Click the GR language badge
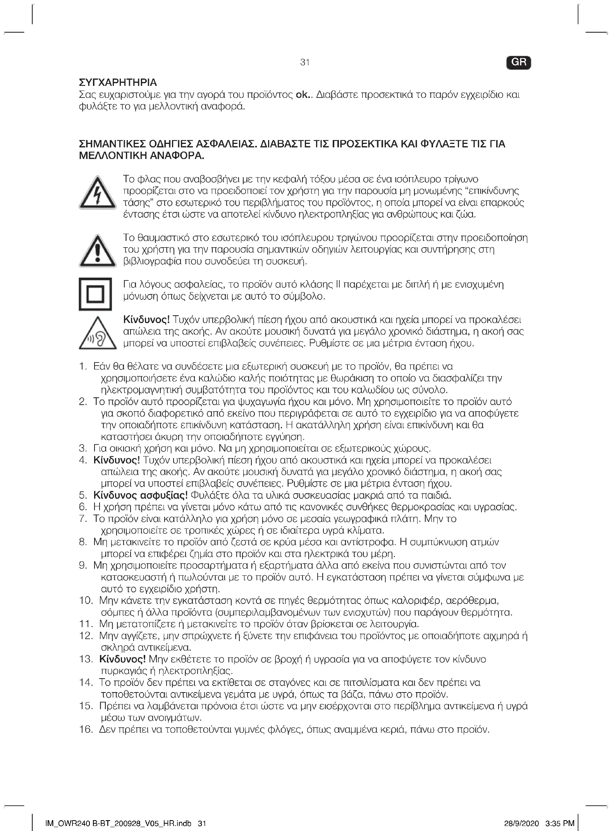[518, 63]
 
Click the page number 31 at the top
[305, 62]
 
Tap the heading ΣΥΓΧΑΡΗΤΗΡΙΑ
[118, 82]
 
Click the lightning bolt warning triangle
[98, 193]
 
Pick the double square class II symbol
[95, 294]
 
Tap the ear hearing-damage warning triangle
[98, 334]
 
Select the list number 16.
[86, 730]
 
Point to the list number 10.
[86, 601]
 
